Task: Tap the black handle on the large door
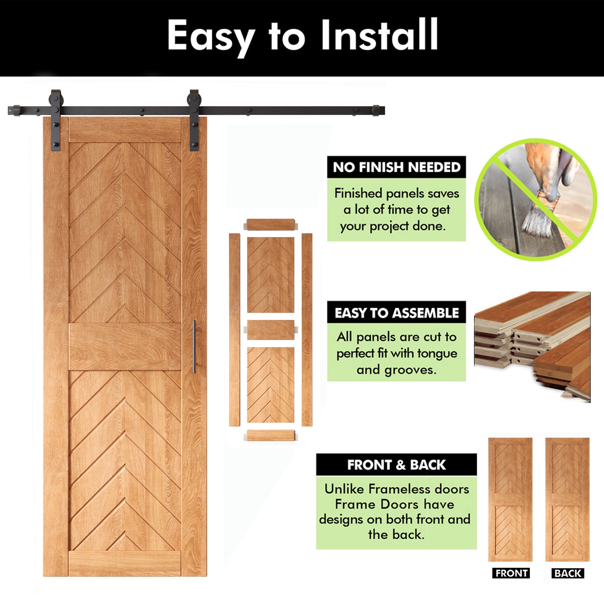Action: click(x=194, y=346)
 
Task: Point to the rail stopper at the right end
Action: click(x=376, y=111)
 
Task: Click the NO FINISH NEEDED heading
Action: click(x=397, y=167)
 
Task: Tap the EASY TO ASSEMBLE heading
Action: click(x=397, y=313)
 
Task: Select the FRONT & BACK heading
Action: click(x=397, y=465)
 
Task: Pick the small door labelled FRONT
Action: click(x=510, y=500)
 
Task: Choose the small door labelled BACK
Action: click(x=567, y=500)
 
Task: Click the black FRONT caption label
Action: click(x=511, y=573)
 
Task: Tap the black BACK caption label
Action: click(x=568, y=573)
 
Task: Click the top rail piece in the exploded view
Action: click(x=271, y=224)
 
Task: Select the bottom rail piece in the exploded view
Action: click(x=271, y=435)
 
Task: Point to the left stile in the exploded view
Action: click(x=234, y=329)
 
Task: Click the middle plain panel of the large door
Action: click(x=125, y=347)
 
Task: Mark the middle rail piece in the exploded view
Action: click(x=271, y=329)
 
